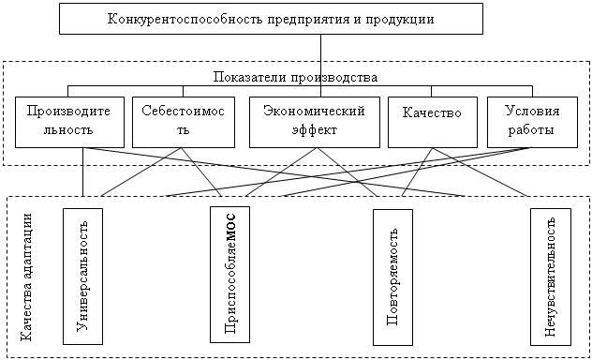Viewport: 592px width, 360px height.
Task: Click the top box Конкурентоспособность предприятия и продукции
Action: pos(271,19)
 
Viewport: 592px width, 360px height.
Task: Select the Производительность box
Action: pos(69,122)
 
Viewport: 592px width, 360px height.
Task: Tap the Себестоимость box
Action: pos(184,122)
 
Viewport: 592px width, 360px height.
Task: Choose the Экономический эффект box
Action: pos(315,122)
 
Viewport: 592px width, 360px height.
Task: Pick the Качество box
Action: pos(433,122)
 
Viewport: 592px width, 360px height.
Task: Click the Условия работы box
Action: pos(532,122)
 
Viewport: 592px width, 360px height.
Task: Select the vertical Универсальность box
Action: pos(82,277)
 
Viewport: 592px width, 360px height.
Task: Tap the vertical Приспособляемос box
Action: pos(229,275)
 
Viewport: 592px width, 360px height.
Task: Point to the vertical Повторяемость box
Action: pos(393,277)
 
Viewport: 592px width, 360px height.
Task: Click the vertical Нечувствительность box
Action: pos(551,277)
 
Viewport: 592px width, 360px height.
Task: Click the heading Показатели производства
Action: pos(295,77)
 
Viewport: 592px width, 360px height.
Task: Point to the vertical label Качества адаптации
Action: pos(26,277)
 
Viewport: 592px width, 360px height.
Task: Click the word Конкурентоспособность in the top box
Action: pos(185,19)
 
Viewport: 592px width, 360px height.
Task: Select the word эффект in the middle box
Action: pos(315,130)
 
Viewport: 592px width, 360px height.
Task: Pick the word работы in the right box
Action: pos(531,130)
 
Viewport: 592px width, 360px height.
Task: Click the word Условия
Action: pos(532,111)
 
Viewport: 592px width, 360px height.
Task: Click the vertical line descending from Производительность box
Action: pos(83,172)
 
